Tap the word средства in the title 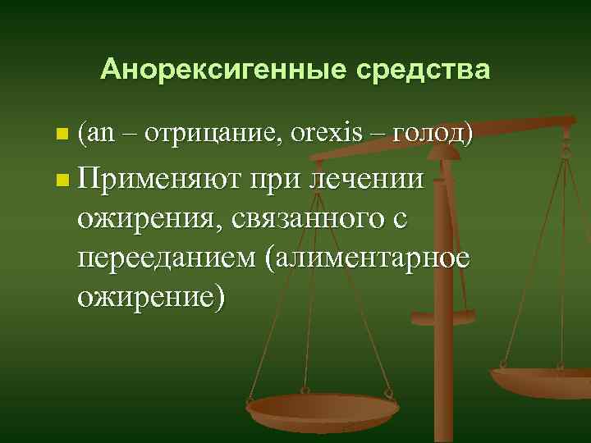coord(423,70)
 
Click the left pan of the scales coord(321,408)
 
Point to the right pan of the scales coord(542,380)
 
